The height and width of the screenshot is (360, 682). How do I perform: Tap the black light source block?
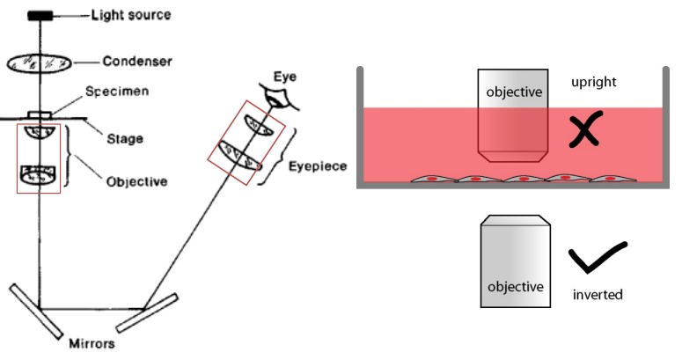coord(40,15)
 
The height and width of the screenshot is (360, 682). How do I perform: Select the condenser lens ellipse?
coord(41,62)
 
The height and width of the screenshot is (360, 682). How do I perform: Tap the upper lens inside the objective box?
coord(40,132)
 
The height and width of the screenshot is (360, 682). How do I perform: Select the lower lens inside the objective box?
coord(40,173)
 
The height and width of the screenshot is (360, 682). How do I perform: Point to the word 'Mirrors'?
coord(92,345)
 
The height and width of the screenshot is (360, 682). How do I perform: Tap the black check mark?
coord(598,259)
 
